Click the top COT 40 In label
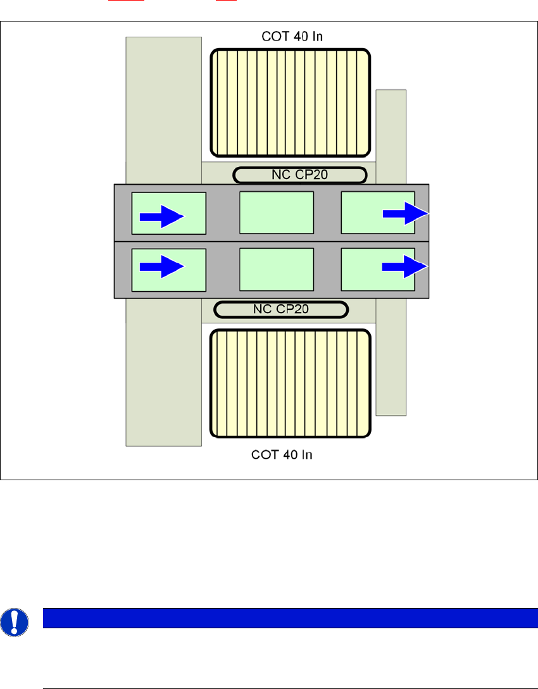click(292, 36)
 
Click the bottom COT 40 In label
click(282, 454)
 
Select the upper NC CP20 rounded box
click(299, 175)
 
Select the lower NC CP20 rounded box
click(281, 309)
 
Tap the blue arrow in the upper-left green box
click(161, 216)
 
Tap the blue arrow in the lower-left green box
click(161, 267)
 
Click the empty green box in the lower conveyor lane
click(277, 269)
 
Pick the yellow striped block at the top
click(290, 102)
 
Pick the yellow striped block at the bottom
click(290, 383)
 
